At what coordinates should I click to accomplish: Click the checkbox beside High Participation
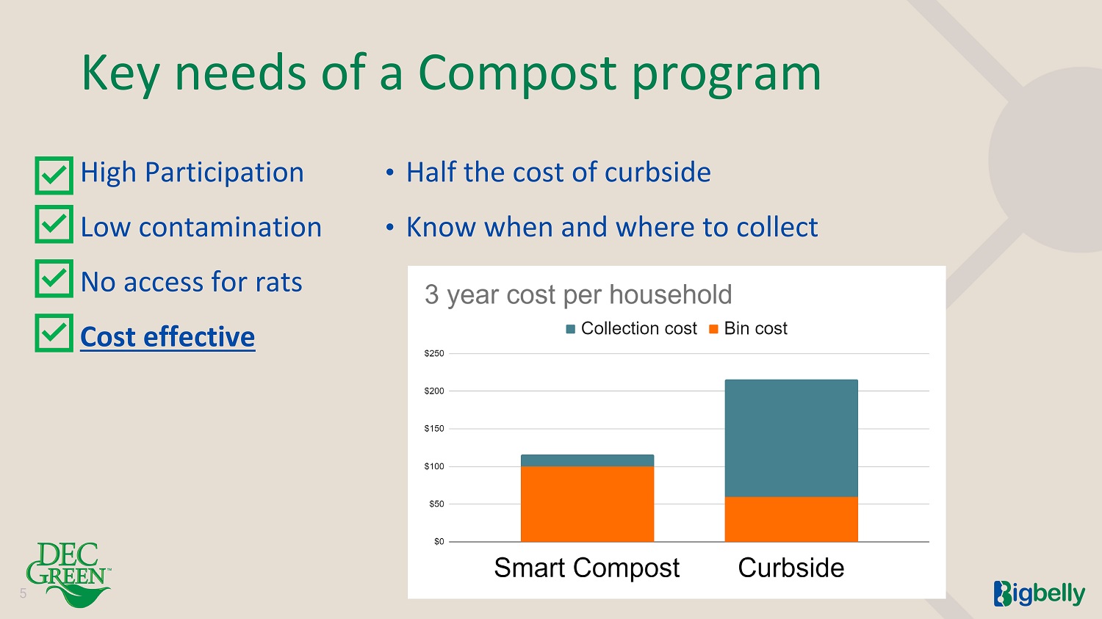tap(54, 175)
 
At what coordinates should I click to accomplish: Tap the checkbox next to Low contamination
tap(54, 224)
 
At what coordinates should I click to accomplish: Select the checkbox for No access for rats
tap(54, 278)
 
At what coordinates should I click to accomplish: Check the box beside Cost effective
tap(54, 333)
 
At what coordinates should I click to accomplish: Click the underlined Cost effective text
tap(168, 337)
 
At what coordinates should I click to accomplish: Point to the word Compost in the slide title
tap(517, 74)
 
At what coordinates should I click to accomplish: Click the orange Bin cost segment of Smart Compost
tap(588, 504)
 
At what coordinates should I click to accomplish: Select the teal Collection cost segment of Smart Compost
tap(588, 460)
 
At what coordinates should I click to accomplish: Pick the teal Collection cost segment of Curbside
tap(791, 438)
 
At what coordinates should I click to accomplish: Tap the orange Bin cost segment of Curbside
tap(791, 519)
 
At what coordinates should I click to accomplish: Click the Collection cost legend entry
tap(631, 328)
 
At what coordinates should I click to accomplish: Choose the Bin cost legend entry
tap(748, 328)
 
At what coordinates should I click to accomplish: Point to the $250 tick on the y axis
tap(434, 353)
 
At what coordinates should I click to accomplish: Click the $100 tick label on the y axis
tap(434, 466)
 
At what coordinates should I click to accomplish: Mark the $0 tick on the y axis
tap(439, 542)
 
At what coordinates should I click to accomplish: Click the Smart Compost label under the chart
tap(587, 568)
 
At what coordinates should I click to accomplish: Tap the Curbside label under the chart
tap(791, 568)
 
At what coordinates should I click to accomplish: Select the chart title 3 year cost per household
tap(578, 295)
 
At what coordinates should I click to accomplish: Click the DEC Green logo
tap(68, 574)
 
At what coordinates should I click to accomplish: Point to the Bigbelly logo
tap(1039, 594)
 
